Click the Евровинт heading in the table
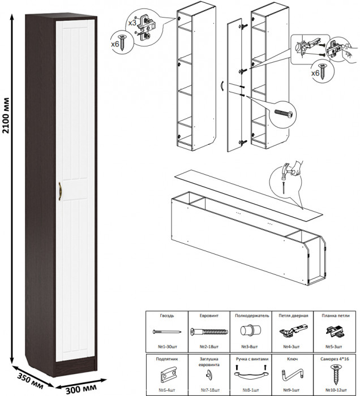pos(208,316)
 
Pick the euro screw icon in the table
pos(208,332)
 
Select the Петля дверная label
pos(293,316)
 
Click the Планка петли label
pos(335,316)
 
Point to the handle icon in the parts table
pos(250,374)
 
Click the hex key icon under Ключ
pos(292,375)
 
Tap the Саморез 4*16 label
pos(335,359)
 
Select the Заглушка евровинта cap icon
pos(208,375)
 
